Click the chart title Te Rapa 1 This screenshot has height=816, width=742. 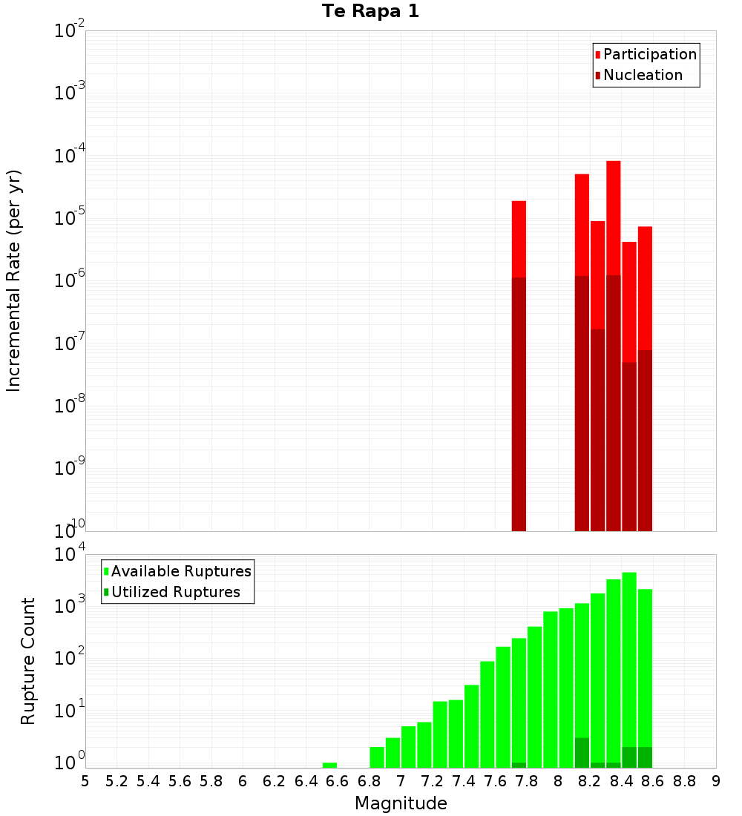point(370,12)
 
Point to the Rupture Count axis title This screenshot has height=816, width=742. point(28,661)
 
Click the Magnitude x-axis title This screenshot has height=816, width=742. point(401,803)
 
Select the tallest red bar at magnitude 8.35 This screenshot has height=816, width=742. point(614,223)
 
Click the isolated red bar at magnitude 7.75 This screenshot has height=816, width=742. point(519,237)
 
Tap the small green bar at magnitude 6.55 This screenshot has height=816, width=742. point(329,765)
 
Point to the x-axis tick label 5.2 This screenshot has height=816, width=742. point(116,781)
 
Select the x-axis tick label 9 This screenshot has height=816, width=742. point(716,781)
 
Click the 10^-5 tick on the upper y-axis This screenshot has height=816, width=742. point(70,218)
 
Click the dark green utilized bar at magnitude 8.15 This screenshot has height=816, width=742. point(582,753)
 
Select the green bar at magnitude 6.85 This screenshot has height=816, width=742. point(377,757)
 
